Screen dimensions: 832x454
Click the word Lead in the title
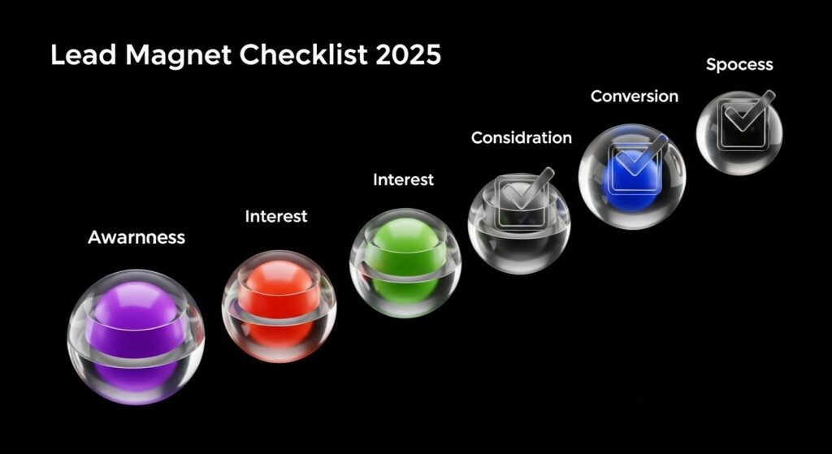pos(83,55)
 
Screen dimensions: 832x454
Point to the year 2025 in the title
pos(408,55)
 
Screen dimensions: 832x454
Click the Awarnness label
pos(136,237)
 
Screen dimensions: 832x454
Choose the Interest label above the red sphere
pos(276,216)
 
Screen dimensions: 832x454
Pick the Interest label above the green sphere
pos(403,179)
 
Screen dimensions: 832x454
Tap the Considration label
pos(522,137)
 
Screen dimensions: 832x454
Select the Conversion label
pos(634,96)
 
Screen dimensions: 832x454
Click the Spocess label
pos(739,65)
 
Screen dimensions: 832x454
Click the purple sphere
pos(136,337)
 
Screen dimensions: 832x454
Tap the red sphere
pos(279,306)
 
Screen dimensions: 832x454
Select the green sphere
pos(405,263)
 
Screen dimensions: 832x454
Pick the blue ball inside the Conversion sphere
pos(630,175)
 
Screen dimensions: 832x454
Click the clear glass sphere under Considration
pos(519,223)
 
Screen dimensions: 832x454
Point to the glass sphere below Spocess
pos(739,132)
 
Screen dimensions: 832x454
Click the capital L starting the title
pos(58,55)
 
